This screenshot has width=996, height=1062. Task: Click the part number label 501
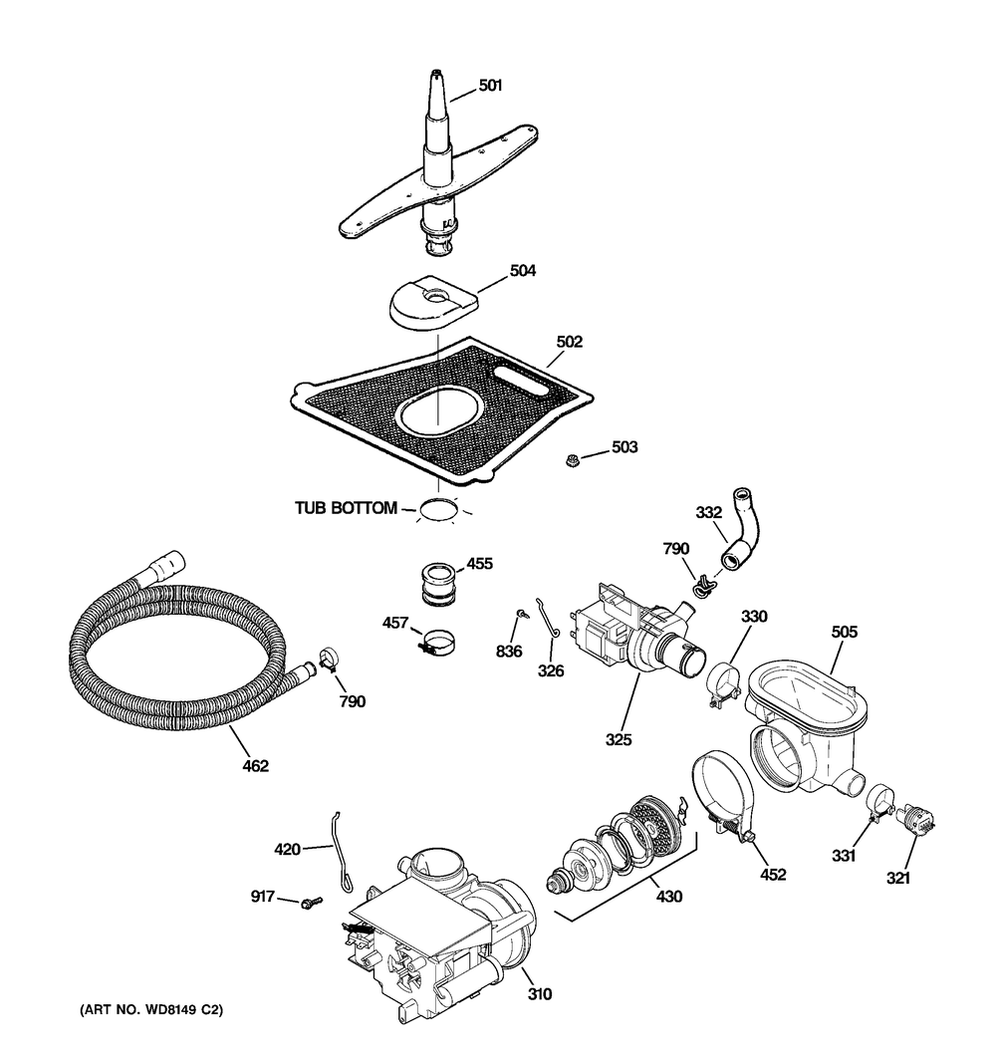coord(490,86)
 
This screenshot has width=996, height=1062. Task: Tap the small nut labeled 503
coord(573,459)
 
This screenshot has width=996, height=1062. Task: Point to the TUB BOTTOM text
coord(345,508)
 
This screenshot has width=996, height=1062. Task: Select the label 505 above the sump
coord(845,632)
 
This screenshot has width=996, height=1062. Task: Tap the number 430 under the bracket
coord(669,897)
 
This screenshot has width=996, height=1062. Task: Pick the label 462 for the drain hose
coord(255,766)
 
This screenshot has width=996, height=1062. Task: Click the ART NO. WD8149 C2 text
coord(150,1011)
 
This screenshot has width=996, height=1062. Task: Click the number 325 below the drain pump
coord(620,739)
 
